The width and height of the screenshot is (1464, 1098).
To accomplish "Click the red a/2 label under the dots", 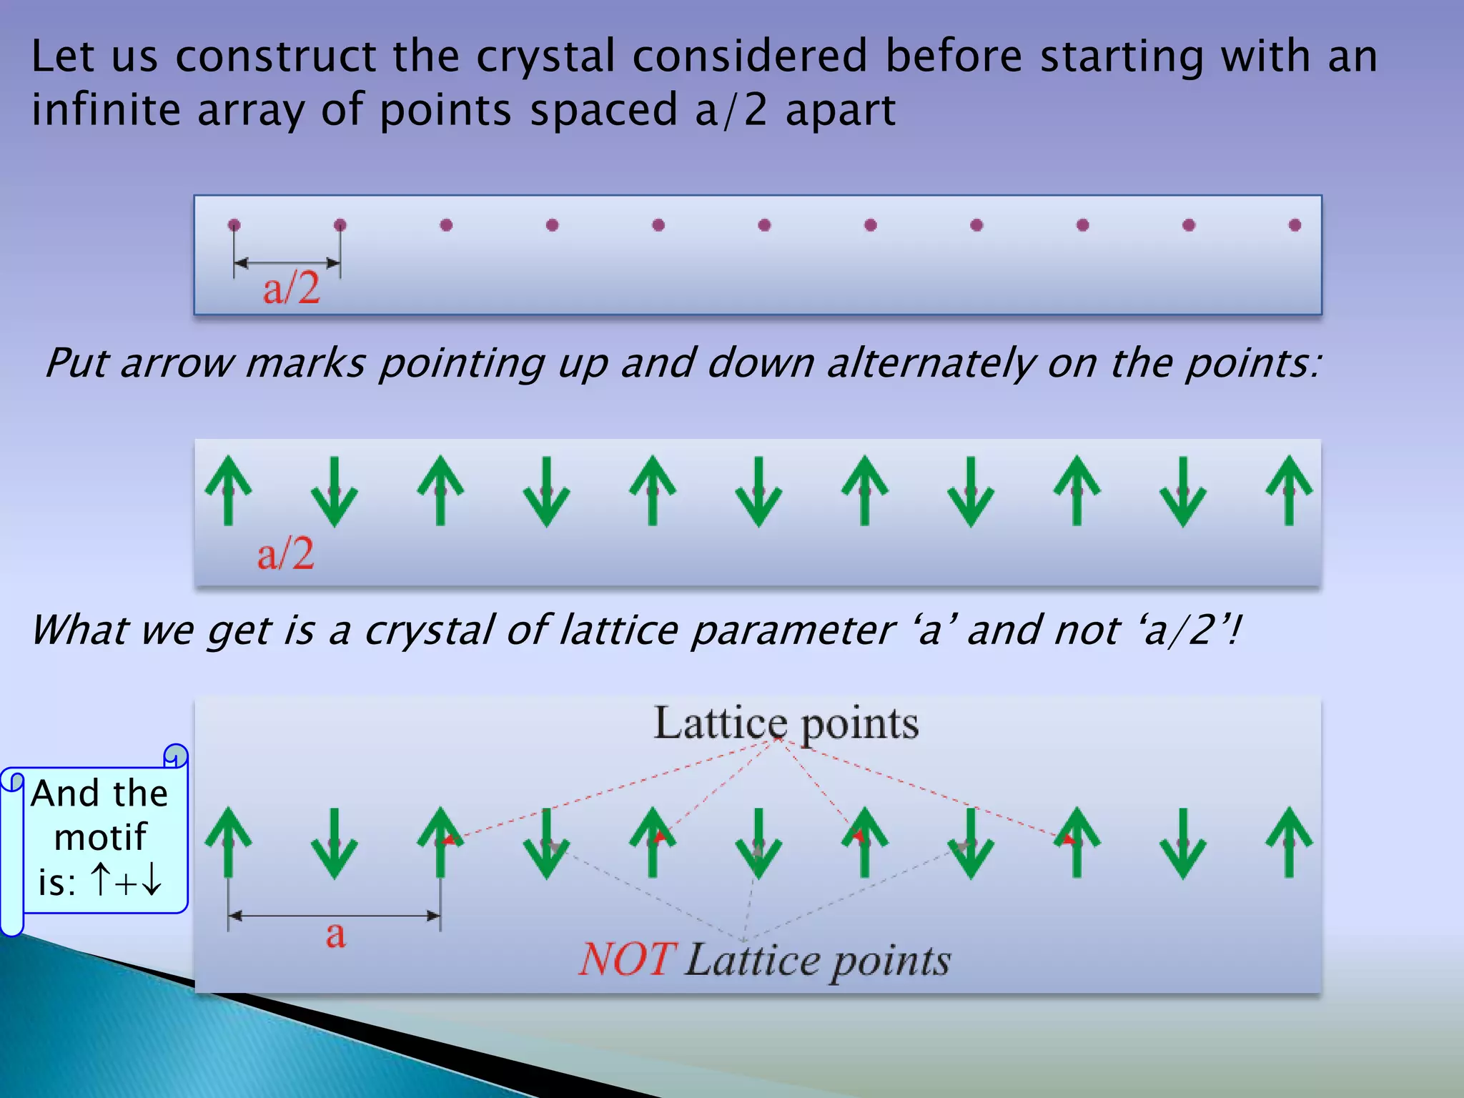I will coord(292,290).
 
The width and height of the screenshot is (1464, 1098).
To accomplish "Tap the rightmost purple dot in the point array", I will coord(1295,225).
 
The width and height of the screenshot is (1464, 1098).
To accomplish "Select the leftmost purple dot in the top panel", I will coord(234,225).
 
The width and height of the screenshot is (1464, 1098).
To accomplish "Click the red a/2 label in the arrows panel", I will coord(286,554).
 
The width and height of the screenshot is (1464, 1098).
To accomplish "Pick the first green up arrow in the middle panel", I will coord(228,490).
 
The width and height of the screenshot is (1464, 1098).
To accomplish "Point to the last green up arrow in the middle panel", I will coord(1289,490).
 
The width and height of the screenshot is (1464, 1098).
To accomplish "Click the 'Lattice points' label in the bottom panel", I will coord(786,723).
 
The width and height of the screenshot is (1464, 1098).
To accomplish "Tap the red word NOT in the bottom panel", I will coord(626,959).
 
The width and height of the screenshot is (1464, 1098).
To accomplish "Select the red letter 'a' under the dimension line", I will coord(335,934).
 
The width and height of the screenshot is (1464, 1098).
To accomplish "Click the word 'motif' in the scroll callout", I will coord(100,837).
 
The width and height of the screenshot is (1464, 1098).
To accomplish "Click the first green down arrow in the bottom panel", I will coord(334,844).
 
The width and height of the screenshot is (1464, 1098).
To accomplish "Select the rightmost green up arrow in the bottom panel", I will coord(1289,842).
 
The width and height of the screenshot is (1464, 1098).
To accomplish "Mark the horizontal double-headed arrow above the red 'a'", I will coord(334,916).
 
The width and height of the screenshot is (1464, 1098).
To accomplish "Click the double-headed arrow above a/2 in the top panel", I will coord(287,263).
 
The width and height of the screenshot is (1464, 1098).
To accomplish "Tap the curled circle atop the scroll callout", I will coord(175,756).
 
